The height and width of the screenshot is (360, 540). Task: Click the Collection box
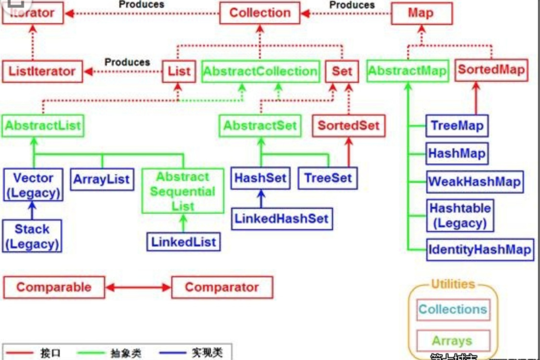[x=260, y=13]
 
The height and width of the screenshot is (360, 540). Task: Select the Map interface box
[x=421, y=13]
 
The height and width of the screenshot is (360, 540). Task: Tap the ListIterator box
[x=42, y=71]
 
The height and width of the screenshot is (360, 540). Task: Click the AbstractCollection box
[x=260, y=71]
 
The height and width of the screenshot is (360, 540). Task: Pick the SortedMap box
[x=491, y=70]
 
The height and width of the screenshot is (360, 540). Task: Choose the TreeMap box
[x=457, y=126]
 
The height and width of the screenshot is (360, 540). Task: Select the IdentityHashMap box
[x=480, y=250]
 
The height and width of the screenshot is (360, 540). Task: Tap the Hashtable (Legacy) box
[x=460, y=216]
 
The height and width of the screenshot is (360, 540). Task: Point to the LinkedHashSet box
[x=282, y=219]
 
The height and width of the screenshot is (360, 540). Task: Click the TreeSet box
[x=328, y=178]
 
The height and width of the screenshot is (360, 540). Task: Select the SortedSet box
[x=348, y=126]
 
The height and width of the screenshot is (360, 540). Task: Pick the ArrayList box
[x=102, y=180]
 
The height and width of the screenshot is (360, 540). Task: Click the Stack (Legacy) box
[x=32, y=236]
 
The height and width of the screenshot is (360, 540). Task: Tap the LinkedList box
[x=184, y=241]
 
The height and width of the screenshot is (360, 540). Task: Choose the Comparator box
[x=222, y=287]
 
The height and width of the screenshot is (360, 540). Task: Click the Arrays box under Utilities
[x=452, y=341]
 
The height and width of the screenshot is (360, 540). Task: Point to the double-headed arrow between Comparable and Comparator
[x=138, y=288]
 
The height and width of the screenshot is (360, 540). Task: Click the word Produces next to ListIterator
[x=127, y=62]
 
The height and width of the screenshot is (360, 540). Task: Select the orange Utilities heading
[x=452, y=284]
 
